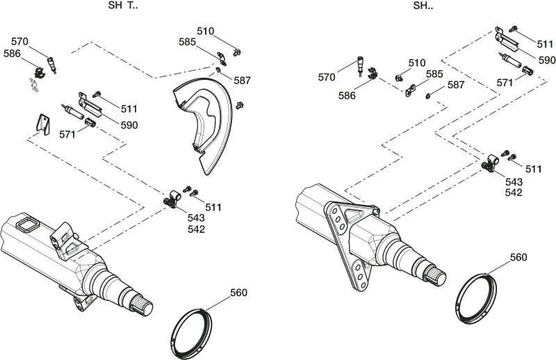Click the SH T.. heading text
click(123, 6)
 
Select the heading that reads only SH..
click(423, 6)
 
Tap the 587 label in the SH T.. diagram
click(242, 81)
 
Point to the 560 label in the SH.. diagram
click(518, 256)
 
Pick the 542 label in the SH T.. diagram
click(197, 229)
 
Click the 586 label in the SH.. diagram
click(347, 95)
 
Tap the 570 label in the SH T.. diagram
click(19, 42)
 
